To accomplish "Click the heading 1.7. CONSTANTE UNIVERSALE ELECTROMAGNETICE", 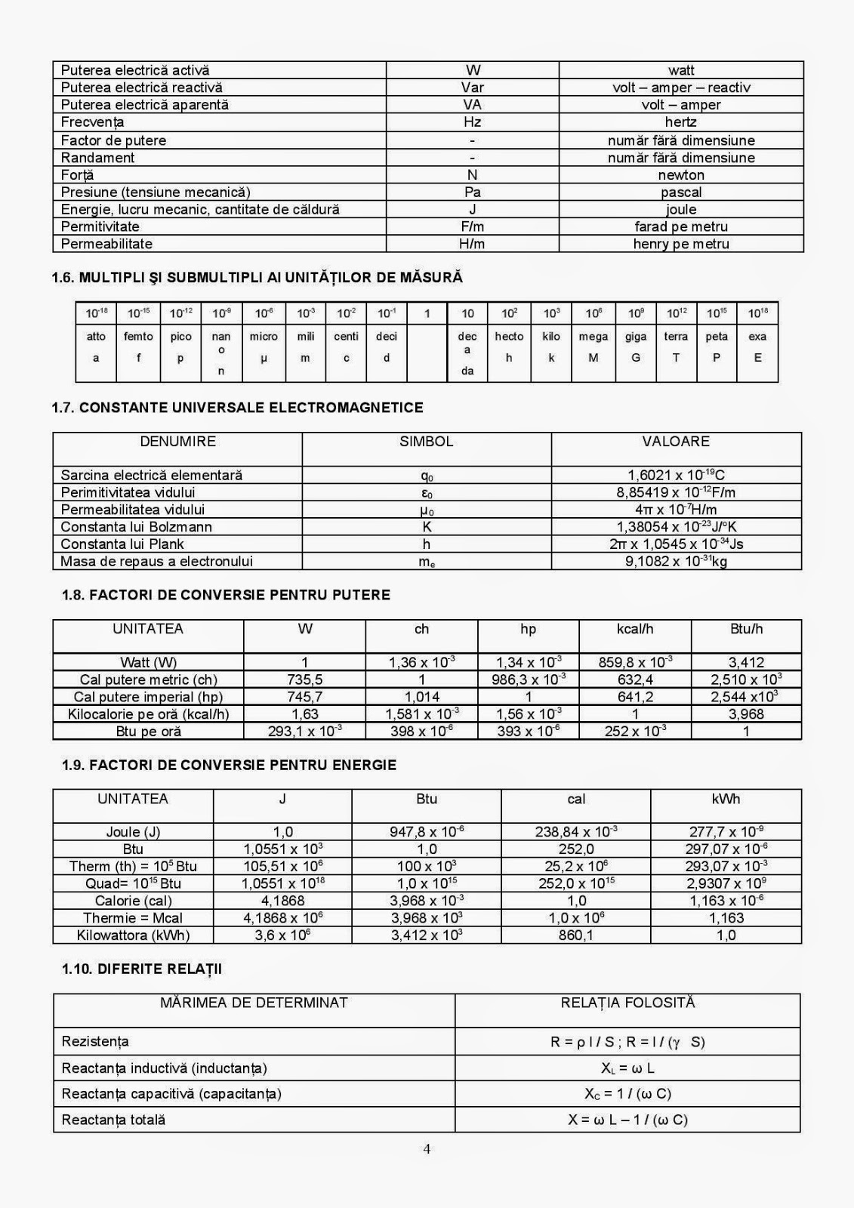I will click(x=237, y=408).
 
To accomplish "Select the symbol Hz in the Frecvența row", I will click(x=472, y=122).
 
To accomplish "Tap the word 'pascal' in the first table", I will click(x=681, y=193).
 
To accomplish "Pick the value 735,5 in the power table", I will click(x=305, y=679).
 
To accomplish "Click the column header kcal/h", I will click(x=635, y=629).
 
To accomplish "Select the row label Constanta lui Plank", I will click(x=122, y=544).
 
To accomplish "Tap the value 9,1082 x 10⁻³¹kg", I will click(x=676, y=562).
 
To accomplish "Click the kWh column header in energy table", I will click(x=726, y=799).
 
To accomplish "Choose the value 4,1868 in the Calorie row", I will click(x=283, y=901).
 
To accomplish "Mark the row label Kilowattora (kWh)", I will click(x=133, y=935).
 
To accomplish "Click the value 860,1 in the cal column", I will click(x=576, y=935).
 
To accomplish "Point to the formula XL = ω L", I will click(x=627, y=1068).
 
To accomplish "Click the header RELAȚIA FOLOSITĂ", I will click(x=627, y=1003).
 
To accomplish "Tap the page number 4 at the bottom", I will click(x=427, y=1150).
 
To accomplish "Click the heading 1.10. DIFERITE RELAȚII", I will click(x=142, y=969).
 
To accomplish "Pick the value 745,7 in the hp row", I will click(x=305, y=697).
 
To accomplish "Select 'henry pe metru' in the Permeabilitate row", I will click(x=681, y=244).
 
